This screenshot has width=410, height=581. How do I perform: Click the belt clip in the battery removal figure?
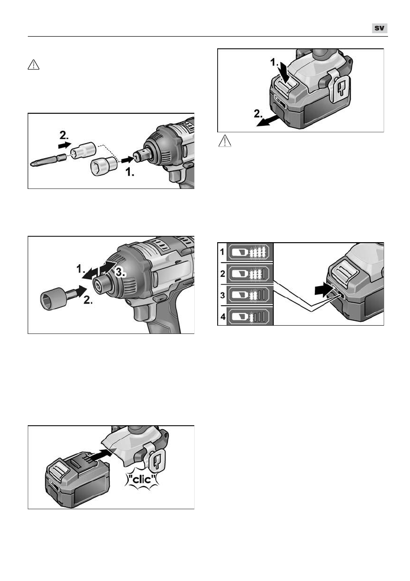coord(341,87)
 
